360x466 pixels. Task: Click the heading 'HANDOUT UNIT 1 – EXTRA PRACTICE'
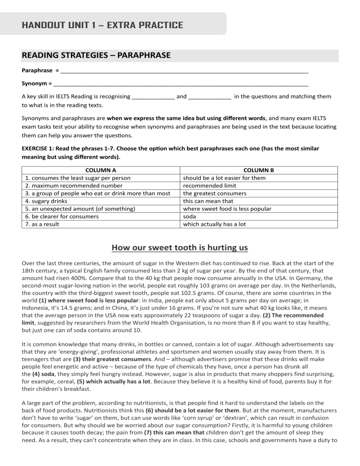102,24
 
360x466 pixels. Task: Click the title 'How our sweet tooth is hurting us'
180,248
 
